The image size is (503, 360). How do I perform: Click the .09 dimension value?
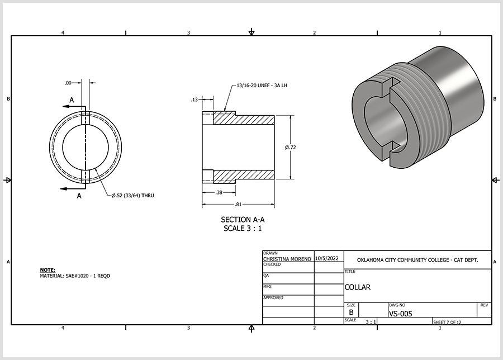point(68,83)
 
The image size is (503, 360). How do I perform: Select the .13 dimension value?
point(194,100)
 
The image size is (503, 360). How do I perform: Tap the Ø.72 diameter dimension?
point(290,147)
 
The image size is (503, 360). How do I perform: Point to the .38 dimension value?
point(219,192)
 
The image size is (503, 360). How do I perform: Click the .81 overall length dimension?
point(238,205)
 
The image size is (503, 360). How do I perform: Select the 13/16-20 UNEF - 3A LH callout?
point(262,86)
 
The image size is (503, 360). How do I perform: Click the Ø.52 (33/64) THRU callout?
point(133,196)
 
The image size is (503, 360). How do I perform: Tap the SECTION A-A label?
point(243,220)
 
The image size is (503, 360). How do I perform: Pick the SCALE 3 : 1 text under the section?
point(243,229)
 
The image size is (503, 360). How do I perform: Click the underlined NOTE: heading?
point(48,270)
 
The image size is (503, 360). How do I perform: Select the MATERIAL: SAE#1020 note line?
point(75,276)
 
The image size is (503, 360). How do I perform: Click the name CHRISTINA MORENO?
point(287,259)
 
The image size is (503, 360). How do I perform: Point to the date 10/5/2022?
point(327,258)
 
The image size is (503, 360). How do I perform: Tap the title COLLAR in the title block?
point(357,287)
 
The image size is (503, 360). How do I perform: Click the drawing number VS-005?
point(401,314)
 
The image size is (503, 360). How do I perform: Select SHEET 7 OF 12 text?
point(447,322)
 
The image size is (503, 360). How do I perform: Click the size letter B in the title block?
point(352,312)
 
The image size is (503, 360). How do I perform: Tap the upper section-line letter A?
point(72,100)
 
